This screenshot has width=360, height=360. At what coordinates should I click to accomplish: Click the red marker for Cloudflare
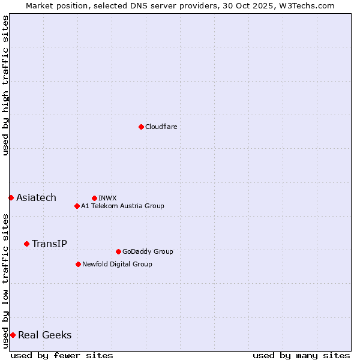[141, 127]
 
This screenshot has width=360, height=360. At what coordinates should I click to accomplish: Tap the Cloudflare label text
[161, 127]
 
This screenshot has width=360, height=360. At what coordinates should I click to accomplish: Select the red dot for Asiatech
[11, 197]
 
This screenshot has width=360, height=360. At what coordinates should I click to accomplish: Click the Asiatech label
[36, 197]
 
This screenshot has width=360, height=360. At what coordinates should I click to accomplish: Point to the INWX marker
[94, 198]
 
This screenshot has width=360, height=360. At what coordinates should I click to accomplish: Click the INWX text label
[107, 198]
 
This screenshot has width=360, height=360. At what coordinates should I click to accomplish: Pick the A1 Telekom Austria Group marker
[77, 206]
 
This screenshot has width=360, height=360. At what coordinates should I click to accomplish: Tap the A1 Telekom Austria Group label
[122, 206]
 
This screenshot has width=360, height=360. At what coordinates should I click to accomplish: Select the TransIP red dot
[26, 244]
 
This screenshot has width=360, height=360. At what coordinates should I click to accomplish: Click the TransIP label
[49, 244]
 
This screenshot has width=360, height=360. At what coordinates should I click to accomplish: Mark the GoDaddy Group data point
[118, 251]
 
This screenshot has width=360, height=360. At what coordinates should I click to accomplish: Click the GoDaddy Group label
[147, 251]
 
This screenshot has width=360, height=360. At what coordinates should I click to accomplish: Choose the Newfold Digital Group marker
[78, 264]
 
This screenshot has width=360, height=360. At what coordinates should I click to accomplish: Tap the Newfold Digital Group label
[117, 264]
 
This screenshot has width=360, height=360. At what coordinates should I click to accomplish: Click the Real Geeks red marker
[13, 335]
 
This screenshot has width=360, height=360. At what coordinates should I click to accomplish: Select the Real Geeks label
[44, 335]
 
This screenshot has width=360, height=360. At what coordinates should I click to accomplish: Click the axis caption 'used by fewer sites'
[62, 355]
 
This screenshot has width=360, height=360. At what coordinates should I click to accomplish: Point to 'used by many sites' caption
[301, 355]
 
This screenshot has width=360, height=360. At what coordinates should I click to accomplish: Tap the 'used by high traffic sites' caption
[5, 85]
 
